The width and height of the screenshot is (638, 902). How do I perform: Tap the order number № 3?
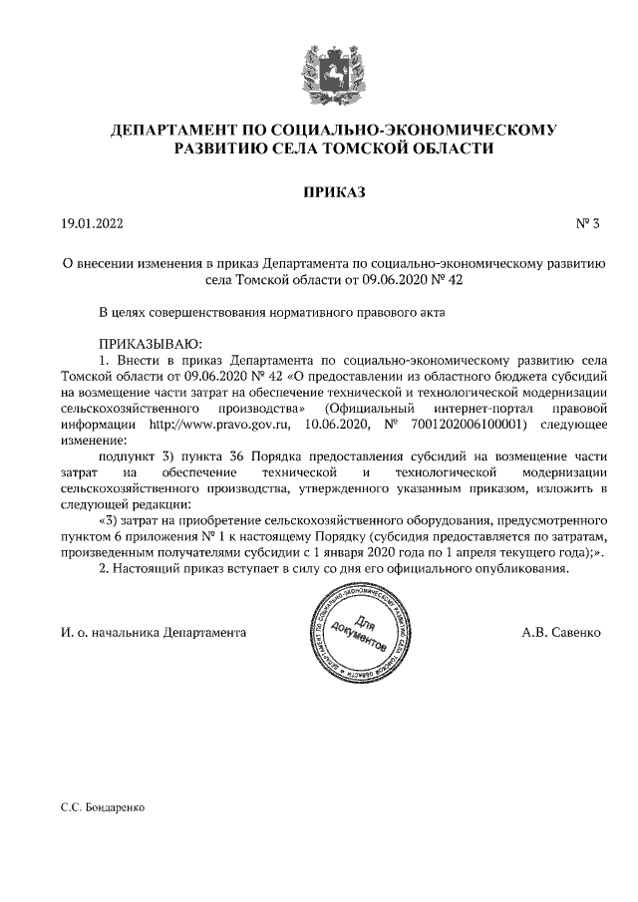[587, 225]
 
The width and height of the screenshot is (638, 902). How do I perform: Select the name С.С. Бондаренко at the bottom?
[103, 808]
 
